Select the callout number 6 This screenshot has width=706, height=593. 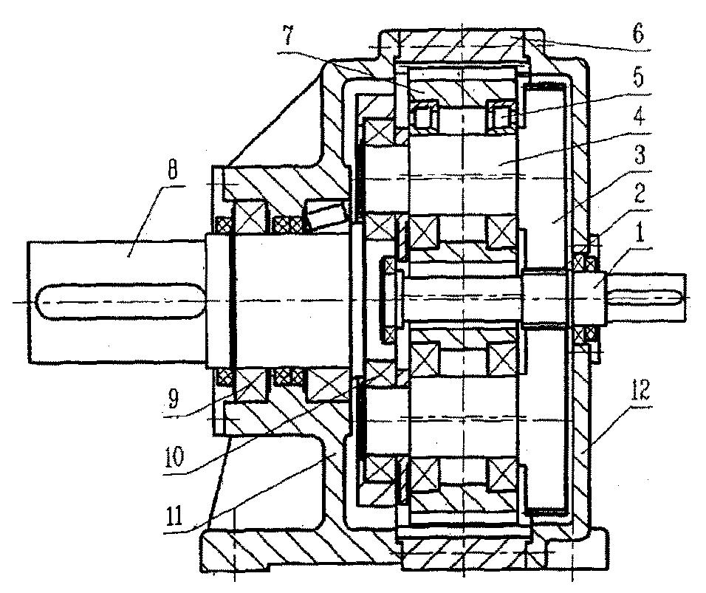point(638,33)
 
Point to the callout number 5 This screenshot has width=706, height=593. point(639,78)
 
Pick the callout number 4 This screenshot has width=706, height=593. point(639,116)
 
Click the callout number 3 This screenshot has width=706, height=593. point(640,154)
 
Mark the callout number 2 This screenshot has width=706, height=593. point(640,193)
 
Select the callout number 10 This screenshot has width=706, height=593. point(174,456)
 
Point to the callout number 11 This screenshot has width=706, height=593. point(174,516)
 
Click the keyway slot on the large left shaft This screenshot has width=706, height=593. point(120,301)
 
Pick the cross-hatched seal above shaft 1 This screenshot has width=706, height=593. point(586,260)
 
